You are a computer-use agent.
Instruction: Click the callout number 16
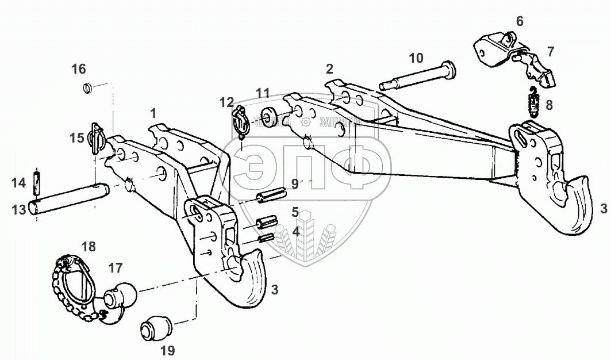(79, 70)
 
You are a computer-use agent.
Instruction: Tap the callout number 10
(416, 58)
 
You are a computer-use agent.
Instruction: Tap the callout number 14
(19, 183)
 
